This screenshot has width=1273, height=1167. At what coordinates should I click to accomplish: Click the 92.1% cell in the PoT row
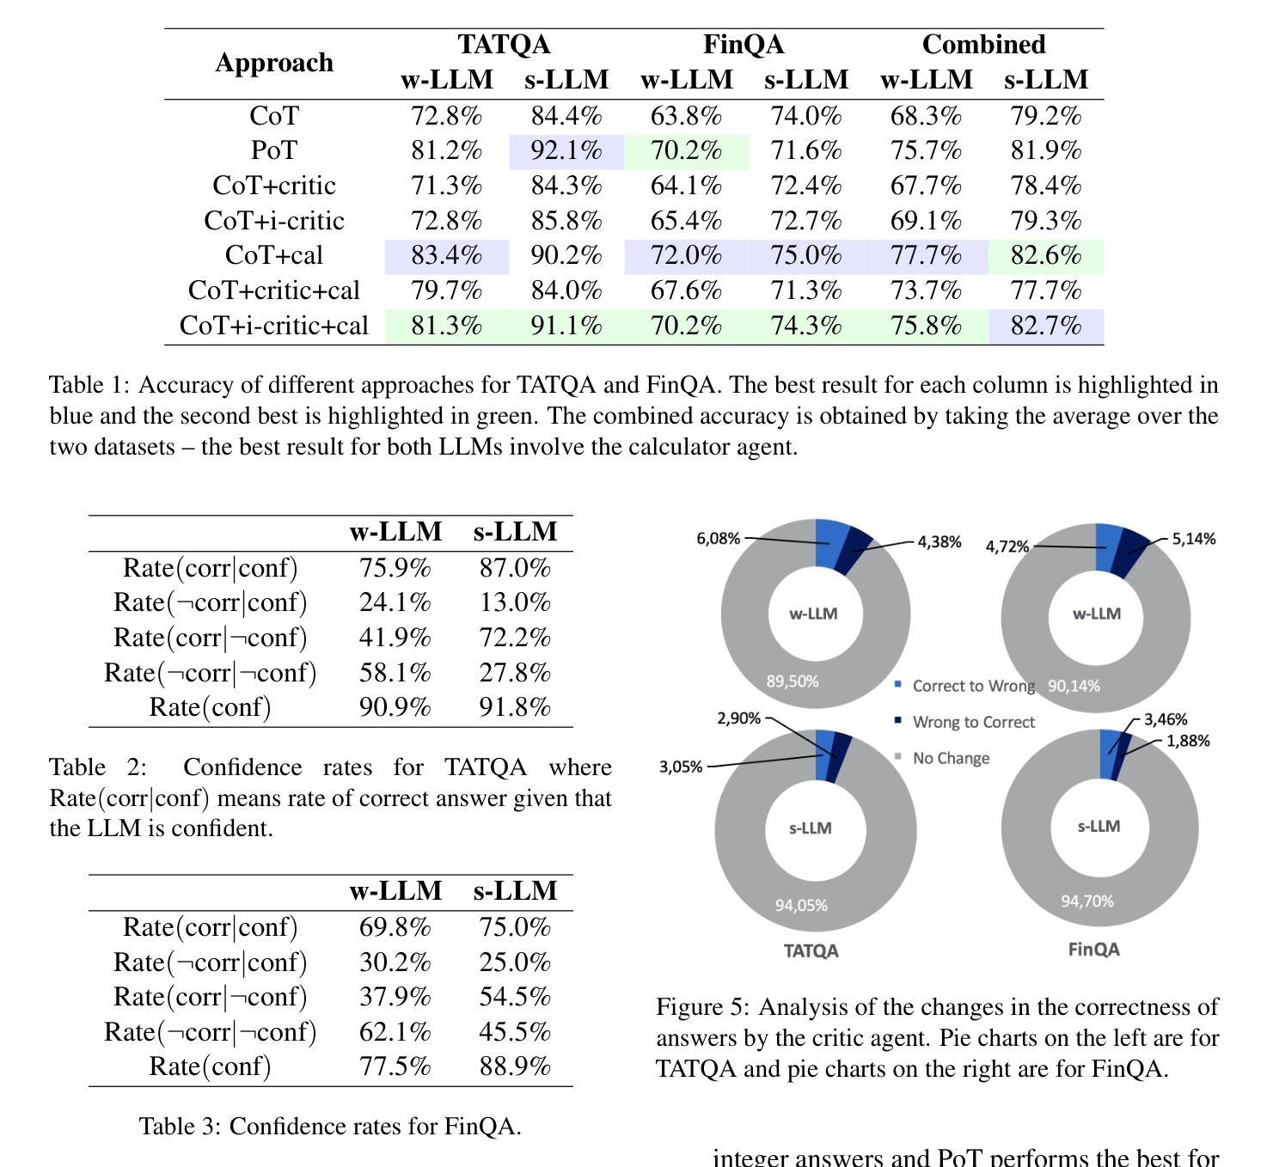pos(566,151)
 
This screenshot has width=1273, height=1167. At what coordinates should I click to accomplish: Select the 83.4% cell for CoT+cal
pos(446,256)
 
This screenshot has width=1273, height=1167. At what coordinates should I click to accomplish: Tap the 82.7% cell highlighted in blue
pos(1046,327)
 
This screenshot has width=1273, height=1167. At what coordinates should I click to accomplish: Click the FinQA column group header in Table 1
pos(744,45)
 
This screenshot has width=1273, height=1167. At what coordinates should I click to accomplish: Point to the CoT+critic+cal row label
pos(273,290)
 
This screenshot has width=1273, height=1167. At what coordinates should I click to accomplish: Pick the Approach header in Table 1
pos(274,62)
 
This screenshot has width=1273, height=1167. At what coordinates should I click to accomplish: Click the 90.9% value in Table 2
pos(395,707)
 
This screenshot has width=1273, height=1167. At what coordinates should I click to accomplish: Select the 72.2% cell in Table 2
pos(515,637)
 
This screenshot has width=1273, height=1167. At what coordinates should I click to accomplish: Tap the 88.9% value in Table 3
pos(515,1066)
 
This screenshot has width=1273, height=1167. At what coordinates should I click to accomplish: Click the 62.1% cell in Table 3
pos(395,1031)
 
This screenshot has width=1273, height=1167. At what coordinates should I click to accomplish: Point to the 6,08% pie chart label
pos(718,539)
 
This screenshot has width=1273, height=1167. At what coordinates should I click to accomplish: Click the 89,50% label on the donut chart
pos(792,681)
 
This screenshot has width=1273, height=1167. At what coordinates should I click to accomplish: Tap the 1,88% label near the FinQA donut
pos(1188,741)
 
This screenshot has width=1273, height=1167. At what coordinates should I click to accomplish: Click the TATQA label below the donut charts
pos(811,950)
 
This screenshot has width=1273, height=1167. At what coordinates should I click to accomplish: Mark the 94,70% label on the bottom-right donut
pos(1087,901)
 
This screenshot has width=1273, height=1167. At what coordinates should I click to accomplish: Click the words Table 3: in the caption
pos(180,1127)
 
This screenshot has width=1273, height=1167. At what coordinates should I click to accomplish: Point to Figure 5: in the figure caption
pos(703,1007)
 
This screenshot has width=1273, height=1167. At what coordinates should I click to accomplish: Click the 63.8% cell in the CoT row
pos(686,116)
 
